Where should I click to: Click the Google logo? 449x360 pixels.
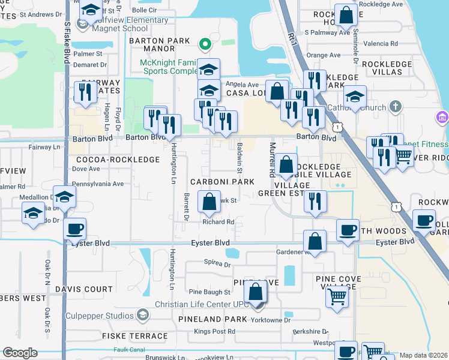coord(20,353)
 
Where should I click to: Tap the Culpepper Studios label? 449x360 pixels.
coord(101,316)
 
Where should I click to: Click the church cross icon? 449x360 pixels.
coord(394,107)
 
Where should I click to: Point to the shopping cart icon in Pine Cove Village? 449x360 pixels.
coord(338,296)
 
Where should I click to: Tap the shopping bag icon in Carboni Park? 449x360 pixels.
coord(209,203)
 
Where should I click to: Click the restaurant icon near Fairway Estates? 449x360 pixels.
coord(85,92)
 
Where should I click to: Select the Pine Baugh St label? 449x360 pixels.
coord(209,292)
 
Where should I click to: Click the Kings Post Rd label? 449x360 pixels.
coord(214,331)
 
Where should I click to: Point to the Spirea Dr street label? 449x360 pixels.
coord(201,262)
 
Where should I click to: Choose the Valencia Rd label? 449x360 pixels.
coord(385,44)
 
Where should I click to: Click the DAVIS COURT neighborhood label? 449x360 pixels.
coord(83,289)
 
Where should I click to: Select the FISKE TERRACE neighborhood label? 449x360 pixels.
coord(130,336)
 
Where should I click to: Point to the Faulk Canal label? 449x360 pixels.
coord(130,349)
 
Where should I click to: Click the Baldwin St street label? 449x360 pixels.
coord(239,154)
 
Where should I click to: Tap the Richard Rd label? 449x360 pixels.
coord(218,222)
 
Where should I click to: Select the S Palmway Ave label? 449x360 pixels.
coord(327,32)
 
